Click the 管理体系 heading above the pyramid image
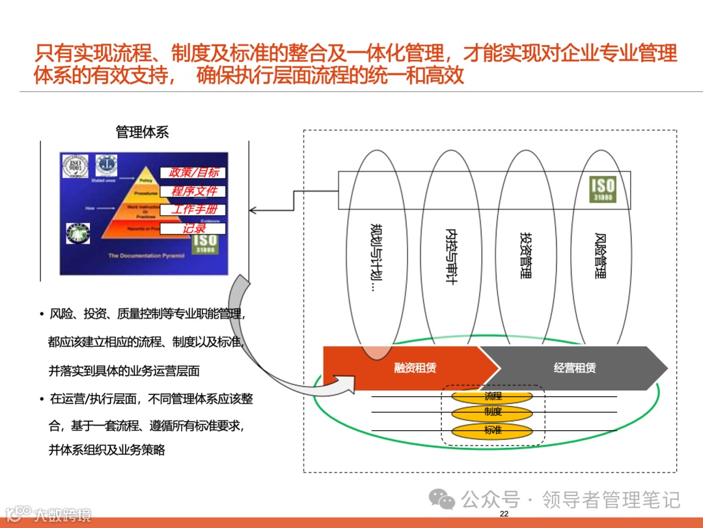point(142,132)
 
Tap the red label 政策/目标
point(193,173)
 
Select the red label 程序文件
point(193,192)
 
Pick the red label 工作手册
point(193,210)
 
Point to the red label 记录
point(193,229)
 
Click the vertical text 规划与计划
point(376,257)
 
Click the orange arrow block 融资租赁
point(415,368)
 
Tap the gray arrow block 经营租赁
point(574,368)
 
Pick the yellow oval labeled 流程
point(493,396)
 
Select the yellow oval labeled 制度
point(493,412)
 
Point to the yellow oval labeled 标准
point(493,430)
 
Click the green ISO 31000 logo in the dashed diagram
point(602,189)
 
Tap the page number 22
point(503,514)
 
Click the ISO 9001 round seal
point(76,166)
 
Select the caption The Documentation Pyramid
point(146,256)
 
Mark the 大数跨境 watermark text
point(62,514)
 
